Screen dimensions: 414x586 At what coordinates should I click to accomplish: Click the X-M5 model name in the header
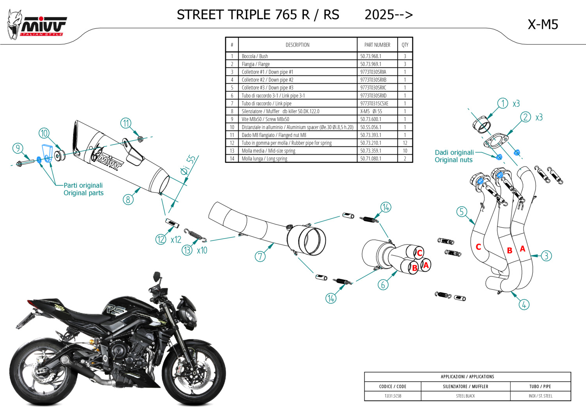pyautogui.click(x=543, y=25)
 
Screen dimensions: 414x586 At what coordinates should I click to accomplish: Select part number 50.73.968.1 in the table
pyautogui.click(x=370, y=56)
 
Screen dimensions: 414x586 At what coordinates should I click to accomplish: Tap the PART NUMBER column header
pyautogui.click(x=377, y=45)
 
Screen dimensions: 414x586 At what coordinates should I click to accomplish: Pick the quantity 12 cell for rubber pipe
pyautogui.click(x=405, y=143)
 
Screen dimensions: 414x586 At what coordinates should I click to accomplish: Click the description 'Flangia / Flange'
pyautogui.click(x=255, y=64)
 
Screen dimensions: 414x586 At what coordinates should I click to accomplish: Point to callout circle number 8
pyautogui.click(x=128, y=200)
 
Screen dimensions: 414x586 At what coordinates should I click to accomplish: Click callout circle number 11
pyautogui.click(x=125, y=123)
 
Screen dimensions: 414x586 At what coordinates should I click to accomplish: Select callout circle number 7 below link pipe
pyautogui.click(x=260, y=256)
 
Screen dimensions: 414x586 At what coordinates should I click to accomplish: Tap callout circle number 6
pyautogui.click(x=383, y=285)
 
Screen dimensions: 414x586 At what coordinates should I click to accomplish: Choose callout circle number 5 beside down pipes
pyautogui.click(x=462, y=212)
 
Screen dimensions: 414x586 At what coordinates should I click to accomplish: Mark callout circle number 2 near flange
pyautogui.click(x=525, y=117)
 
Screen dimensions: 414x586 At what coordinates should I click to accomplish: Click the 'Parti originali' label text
pyautogui.click(x=83, y=186)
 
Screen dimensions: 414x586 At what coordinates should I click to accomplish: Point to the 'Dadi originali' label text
pyautogui.click(x=454, y=153)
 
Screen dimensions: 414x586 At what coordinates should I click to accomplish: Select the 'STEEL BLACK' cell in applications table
pyautogui.click(x=465, y=396)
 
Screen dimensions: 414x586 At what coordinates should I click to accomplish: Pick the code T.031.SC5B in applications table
pyautogui.click(x=393, y=396)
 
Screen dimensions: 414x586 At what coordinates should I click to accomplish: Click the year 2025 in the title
pyautogui.click(x=379, y=15)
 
